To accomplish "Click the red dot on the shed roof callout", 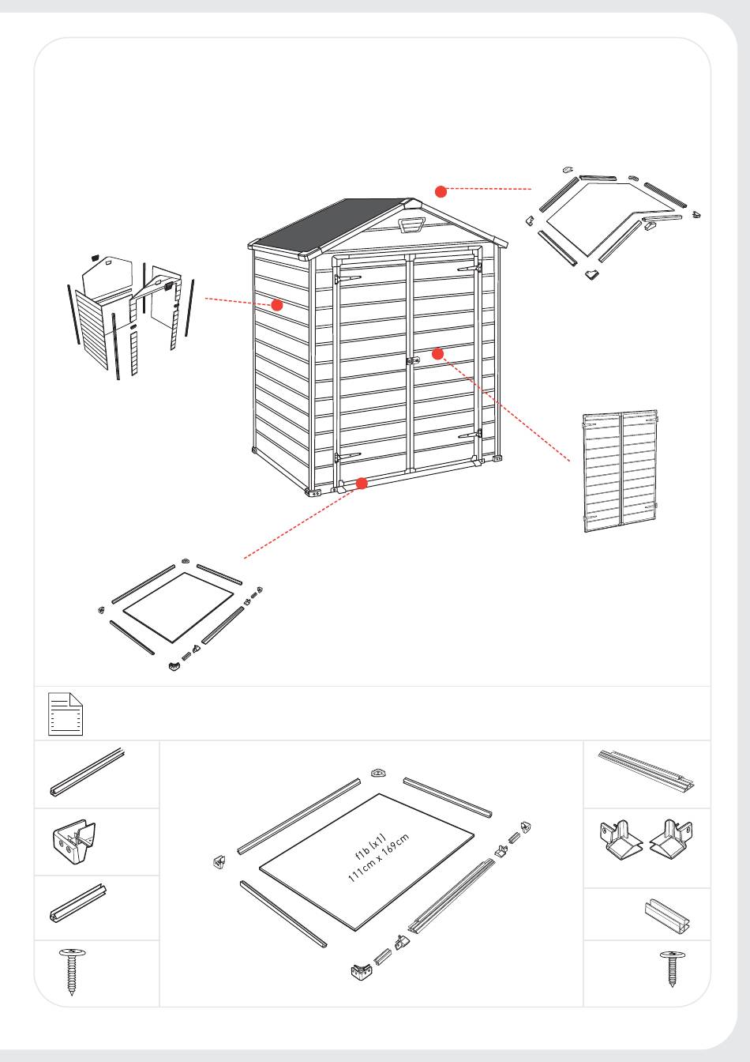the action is pyautogui.click(x=441, y=191).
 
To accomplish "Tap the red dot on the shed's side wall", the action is pyautogui.click(x=276, y=305).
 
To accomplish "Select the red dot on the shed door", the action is pyautogui.click(x=438, y=354).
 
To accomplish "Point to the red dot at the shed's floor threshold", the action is pyautogui.click(x=362, y=484).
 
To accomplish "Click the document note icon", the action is pyautogui.click(x=66, y=714).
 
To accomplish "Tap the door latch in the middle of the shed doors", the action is pyautogui.click(x=413, y=361).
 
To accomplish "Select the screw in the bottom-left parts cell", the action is pyautogui.click(x=72, y=971).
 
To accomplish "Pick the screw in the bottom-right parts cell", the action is pyautogui.click(x=672, y=967).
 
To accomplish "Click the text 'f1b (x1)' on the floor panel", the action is pyautogui.click(x=371, y=847).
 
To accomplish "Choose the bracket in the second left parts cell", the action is pyautogui.click(x=73, y=842).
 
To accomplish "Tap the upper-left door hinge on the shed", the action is pyautogui.click(x=347, y=278).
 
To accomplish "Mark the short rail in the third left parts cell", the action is pyautogui.click(x=78, y=903).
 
